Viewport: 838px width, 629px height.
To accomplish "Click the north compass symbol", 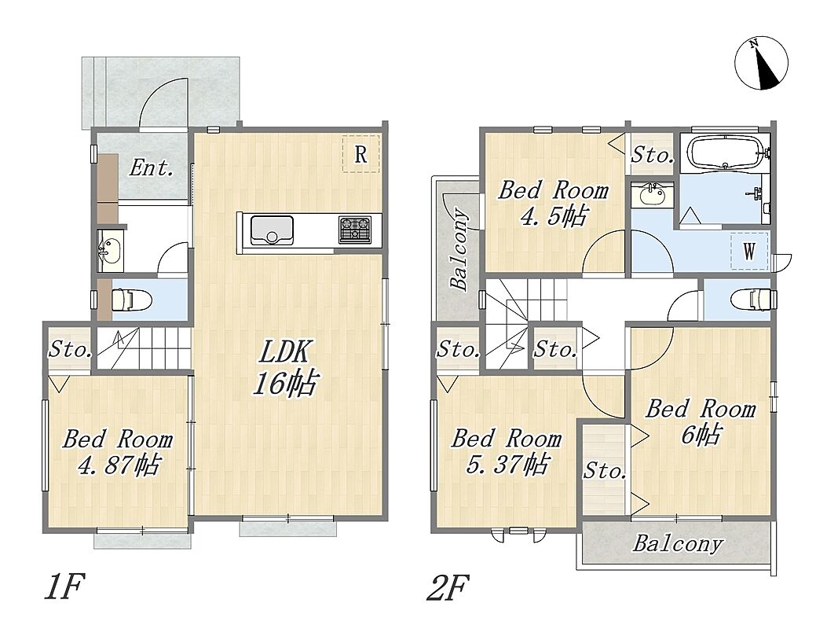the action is [x=762, y=63].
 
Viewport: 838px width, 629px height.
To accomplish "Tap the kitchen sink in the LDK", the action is [x=272, y=230].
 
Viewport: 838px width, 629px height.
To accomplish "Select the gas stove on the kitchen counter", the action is [x=354, y=229].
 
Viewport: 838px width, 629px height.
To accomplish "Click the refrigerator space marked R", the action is [x=360, y=154].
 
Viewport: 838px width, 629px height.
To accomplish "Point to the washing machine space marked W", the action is [x=749, y=250].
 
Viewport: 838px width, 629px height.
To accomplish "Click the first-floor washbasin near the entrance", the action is [x=111, y=250].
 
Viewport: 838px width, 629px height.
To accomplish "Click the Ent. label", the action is [x=152, y=168].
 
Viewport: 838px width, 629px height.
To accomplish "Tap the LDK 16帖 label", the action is [x=285, y=367].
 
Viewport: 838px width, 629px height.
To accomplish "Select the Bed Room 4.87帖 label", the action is [x=118, y=452].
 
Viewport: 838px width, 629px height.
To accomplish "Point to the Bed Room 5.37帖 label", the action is [x=506, y=451].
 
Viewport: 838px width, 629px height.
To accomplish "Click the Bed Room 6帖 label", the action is [x=701, y=422].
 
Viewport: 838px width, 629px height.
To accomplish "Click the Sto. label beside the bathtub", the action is [x=652, y=156].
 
